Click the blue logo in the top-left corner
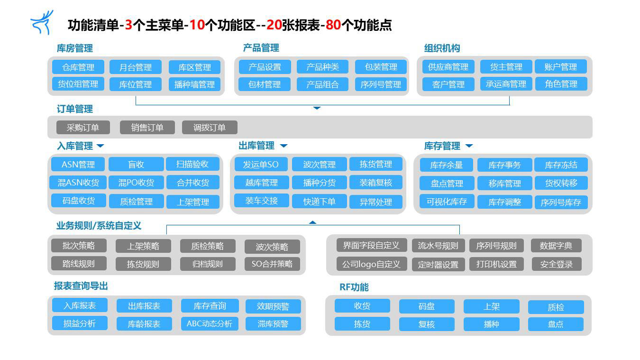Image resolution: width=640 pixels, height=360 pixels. pyautogui.click(x=42, y=22)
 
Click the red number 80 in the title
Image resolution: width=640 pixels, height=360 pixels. pyautogui.click(x=333, y=25)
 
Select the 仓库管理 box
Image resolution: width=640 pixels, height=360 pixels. pyautogui.click(x=78, y=67)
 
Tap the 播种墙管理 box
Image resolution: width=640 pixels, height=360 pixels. pyautogui.click(x=194, y=84)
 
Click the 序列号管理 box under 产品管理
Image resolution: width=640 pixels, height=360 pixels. pyautogui.click(x=381, y=84)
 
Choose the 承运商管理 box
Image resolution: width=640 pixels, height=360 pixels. pyautogui.click(x=506, y=84)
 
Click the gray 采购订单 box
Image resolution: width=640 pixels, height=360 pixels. pyautogui.click(x=83, y=128)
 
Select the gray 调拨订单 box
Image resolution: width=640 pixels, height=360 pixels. pyautogui.click(x=210, y=128)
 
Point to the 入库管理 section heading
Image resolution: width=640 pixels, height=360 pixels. pyautogui.click(x=75, y=146)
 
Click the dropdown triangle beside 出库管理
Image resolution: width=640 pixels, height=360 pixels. pyautogui.click(x=283, y=146)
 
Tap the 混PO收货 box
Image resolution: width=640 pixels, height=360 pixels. pyautogui.click(x=136, y=183)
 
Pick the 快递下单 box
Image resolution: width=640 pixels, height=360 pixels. pyautogui.click(x=319, y=202)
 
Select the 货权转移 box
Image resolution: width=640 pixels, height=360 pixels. pyautogui.click(x=561, y=183)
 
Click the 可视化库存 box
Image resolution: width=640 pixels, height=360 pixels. pyautogui.click(x=447, y=202)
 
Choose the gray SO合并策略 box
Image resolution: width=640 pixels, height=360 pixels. pyautogui.click(x=272, y=264)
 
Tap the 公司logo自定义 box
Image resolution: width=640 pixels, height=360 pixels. pyautogui.click(x=371, y=264)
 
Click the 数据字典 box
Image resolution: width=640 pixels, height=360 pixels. pyautogui.click(x=556, y=246)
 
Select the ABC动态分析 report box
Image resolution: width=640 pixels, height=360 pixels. pyautogui.click(x=210, y=323)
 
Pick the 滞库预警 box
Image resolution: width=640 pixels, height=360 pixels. pyautogui.click(x=273, y=323)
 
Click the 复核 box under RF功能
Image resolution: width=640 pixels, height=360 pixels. pyautogui.click(x=427, y=324)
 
